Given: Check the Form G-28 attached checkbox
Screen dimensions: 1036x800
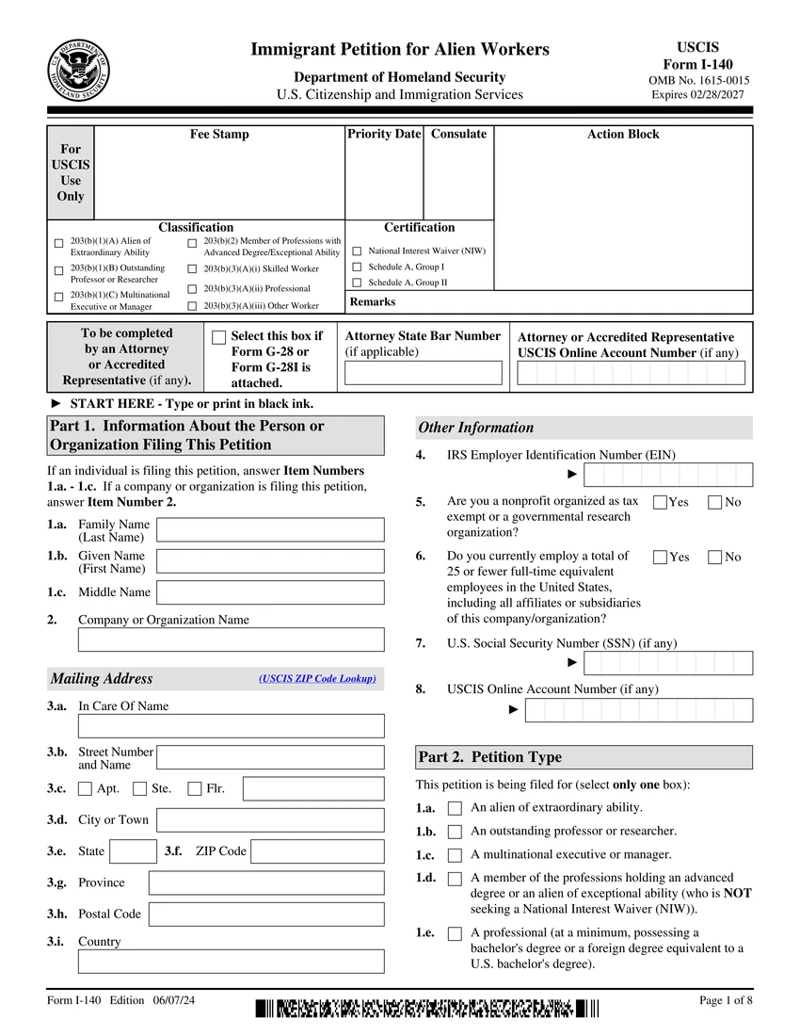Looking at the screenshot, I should point(219,337).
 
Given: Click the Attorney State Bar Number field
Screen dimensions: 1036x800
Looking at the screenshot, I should point(423,373).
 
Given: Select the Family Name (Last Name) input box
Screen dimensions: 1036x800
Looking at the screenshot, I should point(270,530).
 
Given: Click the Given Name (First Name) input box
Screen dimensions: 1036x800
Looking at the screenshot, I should point(270,561).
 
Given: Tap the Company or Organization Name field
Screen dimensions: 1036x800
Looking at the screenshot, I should point(231,639).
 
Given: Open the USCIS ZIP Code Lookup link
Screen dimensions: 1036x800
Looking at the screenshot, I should point(317,679).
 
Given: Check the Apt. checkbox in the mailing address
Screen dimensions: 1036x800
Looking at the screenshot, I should point(86,789).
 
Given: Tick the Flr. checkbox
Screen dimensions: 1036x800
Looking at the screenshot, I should point(195,789).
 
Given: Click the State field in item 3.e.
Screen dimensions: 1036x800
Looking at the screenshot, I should point(133,851).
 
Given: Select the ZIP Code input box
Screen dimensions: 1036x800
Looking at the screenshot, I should point(317,851).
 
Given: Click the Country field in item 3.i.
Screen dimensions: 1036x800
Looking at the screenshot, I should point(231,961).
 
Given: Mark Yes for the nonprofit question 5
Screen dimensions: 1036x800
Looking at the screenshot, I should point(660,502).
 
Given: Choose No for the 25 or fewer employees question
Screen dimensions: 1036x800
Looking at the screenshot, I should point(715,557).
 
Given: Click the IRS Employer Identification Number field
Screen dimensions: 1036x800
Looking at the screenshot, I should point(668,475).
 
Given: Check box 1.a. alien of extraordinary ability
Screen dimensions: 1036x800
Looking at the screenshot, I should point(456,808).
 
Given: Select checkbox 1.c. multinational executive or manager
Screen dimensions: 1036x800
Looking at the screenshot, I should point(456,855).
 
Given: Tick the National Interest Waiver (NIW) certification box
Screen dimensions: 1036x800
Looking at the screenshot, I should point(357,251).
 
